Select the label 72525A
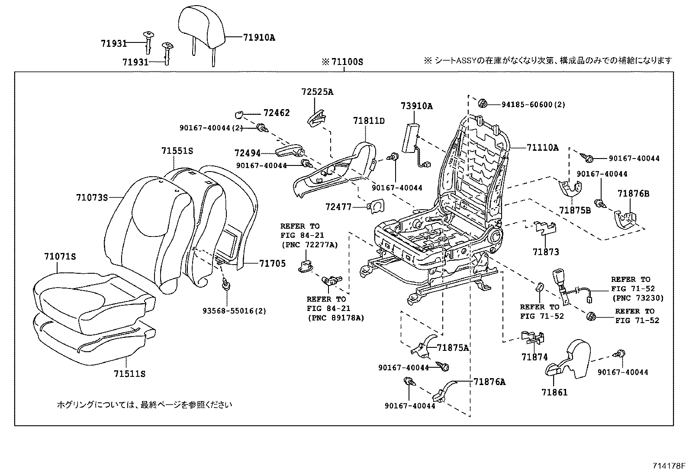pos(318,92)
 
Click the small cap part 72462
pos(238,114)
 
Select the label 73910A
pos(416,106)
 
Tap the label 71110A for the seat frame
pos(542,148)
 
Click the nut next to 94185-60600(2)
pos(483,104)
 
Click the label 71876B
pos(633,194)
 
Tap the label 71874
pos(534,357)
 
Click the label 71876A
pos(489,382)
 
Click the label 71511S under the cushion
pos(129,373)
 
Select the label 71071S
pos(60,256)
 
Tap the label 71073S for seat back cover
pos(92,198)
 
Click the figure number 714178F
pos(669,466)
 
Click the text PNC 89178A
pos(335,317)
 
